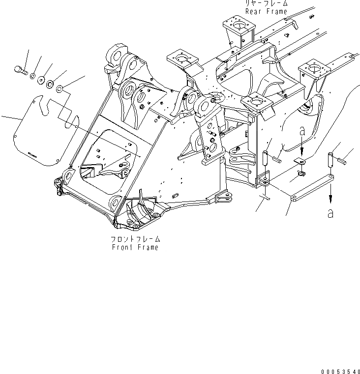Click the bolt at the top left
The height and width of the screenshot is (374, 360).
20,71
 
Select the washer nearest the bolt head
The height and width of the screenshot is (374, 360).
32,77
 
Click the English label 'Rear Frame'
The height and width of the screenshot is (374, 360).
267,11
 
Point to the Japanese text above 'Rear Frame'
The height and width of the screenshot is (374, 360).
267,3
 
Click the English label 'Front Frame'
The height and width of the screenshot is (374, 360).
135,247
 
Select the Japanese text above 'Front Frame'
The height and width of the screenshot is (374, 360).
135,239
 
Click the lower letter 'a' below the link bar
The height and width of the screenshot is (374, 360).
330,214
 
